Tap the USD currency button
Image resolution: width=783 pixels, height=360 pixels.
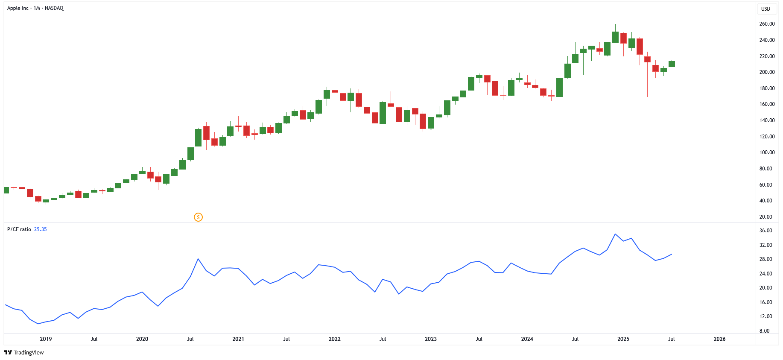765,9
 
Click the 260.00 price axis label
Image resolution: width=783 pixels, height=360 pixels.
767,24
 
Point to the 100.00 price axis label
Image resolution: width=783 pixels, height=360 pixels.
767,152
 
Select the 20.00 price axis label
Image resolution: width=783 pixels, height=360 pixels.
767,217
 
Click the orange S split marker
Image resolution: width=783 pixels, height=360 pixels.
198,217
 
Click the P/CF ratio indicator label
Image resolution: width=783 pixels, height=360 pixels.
19,229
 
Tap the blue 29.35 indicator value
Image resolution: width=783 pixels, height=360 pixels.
41,229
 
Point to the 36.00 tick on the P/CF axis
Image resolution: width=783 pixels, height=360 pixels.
765,231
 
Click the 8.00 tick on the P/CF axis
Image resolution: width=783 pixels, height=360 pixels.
764,331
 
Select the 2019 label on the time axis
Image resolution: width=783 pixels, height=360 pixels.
46,339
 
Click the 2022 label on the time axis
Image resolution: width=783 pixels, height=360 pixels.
334,339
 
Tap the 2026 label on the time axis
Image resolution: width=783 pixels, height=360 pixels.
719,339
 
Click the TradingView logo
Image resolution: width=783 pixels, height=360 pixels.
24,352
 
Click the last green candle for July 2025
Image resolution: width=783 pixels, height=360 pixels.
672,64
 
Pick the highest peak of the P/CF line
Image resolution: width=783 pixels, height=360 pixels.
615,234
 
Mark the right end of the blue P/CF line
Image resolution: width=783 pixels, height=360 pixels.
672,255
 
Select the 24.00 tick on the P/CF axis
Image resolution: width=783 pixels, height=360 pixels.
765,274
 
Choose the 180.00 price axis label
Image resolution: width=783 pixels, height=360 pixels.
767,88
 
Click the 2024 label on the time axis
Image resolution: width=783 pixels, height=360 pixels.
527,339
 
